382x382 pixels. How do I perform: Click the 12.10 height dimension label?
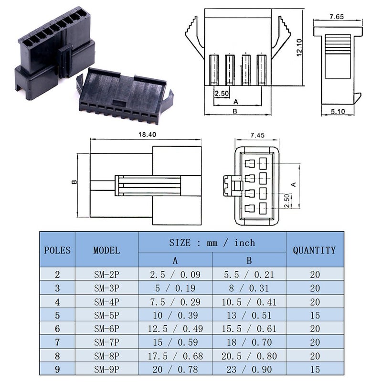tap(299, 48)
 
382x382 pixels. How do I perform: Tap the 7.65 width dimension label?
tap(337, 17)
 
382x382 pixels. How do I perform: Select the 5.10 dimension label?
tap(338, 112)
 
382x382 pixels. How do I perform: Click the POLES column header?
tap(57, 250)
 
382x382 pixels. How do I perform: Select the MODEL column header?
tap(106, 250)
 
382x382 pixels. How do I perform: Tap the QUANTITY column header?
tap(314, 250)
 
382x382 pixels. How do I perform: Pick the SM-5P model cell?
tap(106, 315)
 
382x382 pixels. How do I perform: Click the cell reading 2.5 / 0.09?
tap(175, 275)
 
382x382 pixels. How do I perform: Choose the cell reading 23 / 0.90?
tap(249, 370)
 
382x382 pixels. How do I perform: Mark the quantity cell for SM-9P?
tap(314, 370)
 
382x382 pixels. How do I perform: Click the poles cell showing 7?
tap(57, 342)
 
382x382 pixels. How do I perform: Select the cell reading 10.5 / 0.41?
tap(249, 302)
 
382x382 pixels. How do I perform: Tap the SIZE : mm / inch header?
tap(212, 243)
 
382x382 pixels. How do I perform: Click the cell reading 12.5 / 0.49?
tap(175, 329)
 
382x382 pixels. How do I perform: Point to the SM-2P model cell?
tap(106, 275)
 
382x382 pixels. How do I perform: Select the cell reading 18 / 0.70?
tap(249, 342)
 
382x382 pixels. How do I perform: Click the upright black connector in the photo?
tap(55, 53)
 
